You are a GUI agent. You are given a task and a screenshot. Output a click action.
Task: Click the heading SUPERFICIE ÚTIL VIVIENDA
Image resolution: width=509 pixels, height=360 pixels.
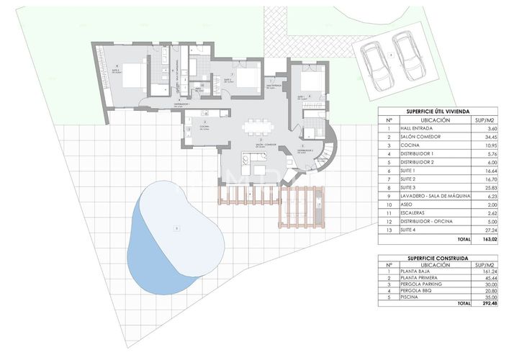point(427,111)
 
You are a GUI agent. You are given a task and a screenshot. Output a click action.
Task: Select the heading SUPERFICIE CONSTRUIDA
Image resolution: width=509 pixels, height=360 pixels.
point(427,257)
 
